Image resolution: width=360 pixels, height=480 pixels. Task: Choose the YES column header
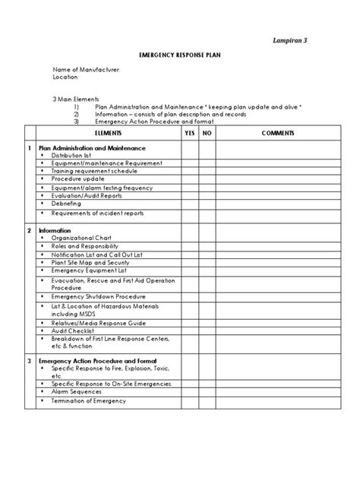(x=190, y=133)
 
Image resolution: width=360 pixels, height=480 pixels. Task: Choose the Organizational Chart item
(x=84, y=238)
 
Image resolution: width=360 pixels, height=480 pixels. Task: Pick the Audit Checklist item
(x=75, y=331)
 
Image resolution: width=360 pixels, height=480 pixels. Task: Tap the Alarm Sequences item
(x=79, y=393)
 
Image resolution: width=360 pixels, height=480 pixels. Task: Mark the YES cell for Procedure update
(x=190, y=179)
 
